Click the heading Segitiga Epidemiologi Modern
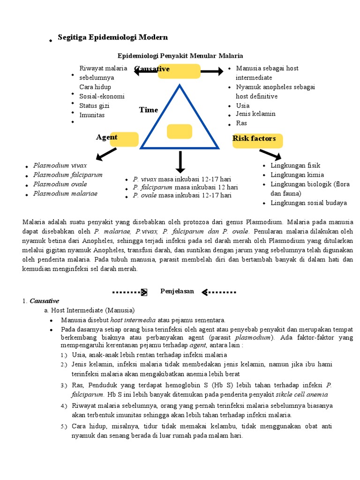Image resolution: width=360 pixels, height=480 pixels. pos(112,37)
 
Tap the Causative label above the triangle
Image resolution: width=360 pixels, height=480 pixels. pos(152,69)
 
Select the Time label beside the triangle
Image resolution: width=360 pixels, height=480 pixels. pos(149,110)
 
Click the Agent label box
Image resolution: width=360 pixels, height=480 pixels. pos(107,137)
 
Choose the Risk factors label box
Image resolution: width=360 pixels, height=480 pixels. pos(254,139)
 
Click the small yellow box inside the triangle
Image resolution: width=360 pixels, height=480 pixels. pos(179,132)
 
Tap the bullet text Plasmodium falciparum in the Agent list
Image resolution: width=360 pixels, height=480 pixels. pos(67,175)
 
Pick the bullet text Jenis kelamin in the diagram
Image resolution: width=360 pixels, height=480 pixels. pos(255,114)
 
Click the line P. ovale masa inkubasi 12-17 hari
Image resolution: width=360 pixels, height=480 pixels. pos(182,195)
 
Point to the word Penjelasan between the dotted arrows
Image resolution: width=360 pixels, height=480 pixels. pos(177,291)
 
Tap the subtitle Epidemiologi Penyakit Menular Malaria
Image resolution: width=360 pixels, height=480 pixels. pos(180,56)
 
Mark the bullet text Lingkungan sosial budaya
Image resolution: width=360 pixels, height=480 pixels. pos(308,203)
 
